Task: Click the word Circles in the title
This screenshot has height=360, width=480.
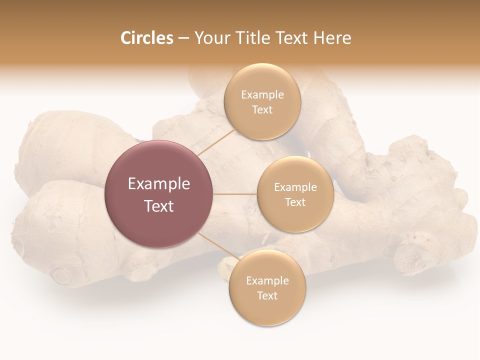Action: [147, 38]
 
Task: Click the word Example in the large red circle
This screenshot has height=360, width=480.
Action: [159, 184]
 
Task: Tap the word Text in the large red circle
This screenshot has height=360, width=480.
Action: [159, 206]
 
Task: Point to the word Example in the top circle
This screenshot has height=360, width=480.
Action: [262, 95]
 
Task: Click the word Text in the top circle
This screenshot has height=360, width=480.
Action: [262, 109]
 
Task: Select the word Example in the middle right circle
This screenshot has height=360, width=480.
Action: [295, 187]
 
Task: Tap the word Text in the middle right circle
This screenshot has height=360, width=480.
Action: [295, 202]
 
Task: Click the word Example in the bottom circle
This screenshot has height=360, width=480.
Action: [267, 281]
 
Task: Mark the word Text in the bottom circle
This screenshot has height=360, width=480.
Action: [267, 295]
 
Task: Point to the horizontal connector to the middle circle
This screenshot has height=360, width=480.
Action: [234, 194]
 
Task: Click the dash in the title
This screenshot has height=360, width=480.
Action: [183, 38]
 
